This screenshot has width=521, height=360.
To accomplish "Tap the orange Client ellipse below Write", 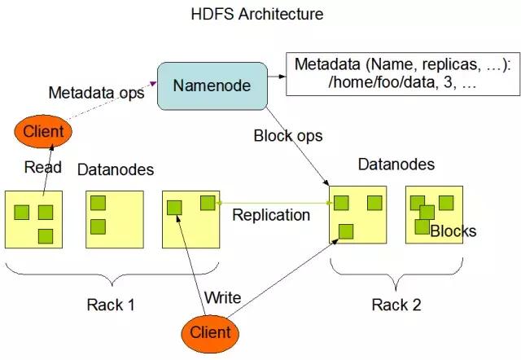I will (210, 332).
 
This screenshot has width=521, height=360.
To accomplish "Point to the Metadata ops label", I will (96, 92).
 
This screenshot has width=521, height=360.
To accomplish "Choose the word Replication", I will (271, 215).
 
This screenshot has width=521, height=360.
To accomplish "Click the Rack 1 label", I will (110, 305).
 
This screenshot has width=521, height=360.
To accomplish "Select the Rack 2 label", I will (396, 305).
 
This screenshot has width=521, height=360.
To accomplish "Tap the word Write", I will (222, 297).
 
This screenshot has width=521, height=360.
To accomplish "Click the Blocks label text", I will (453, 231).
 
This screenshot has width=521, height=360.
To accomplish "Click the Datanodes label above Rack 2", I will (396, 165).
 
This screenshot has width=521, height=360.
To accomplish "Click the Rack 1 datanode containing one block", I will (191, 218).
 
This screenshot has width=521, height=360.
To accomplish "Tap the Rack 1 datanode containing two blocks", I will (115, 218).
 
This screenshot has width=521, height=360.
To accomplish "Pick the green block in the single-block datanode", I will (174, 208).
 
